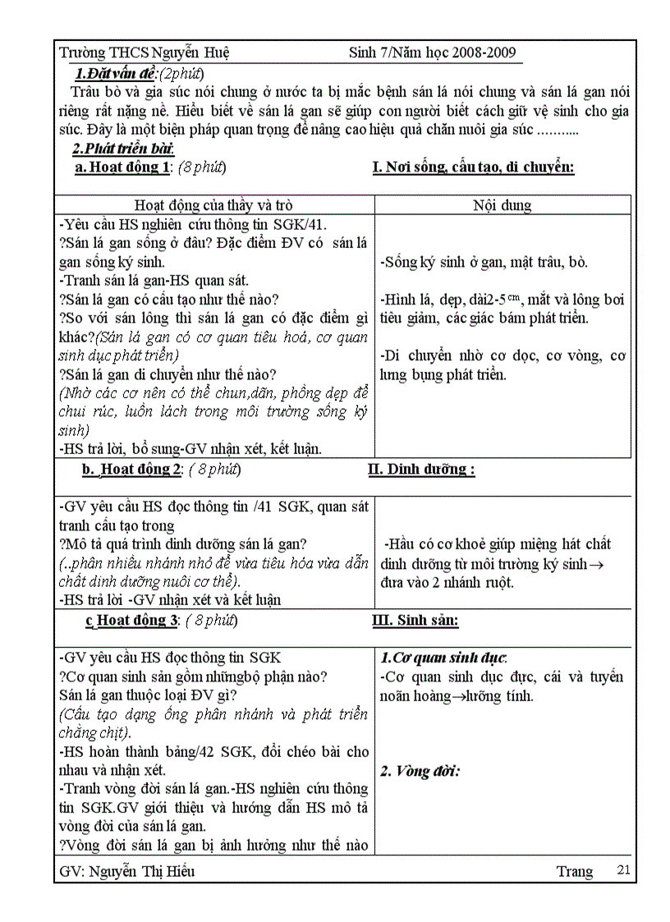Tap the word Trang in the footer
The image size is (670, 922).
tap(574, 871)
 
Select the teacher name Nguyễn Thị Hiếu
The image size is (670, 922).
tap(145, 871)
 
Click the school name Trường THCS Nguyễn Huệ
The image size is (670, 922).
tap(145, 53)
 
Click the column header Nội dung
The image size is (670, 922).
tap(502, 205)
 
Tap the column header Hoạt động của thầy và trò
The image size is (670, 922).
tap(213, 205)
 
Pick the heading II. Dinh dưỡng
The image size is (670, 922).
tap(423, 470)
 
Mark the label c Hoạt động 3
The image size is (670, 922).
tap(131, 621)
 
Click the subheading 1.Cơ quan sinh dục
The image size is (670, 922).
tap(444, 658)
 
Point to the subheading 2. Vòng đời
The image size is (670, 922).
tap(420, 771)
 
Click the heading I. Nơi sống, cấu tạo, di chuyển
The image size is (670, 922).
tap(473, 167)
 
